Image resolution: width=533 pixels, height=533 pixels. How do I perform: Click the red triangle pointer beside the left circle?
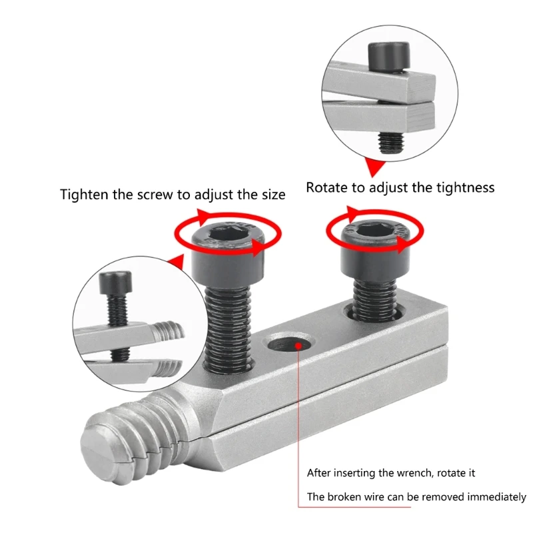(177, 262)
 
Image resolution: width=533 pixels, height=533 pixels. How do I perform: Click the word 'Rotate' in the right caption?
(327, 188)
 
